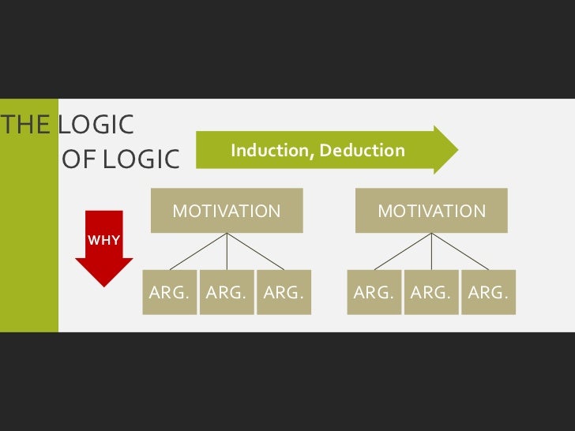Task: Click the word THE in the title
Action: (26, 125)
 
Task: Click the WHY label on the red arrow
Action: (103, 239)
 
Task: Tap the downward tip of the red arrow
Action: (103, 283)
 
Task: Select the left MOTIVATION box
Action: (227, 211)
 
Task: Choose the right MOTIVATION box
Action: (431, 211)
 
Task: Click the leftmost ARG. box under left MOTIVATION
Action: (169, 292)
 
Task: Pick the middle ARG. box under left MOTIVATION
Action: (227, 292)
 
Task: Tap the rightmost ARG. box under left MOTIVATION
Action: (284, 292)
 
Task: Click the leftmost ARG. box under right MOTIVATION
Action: (374, 292)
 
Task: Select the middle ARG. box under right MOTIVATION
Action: (431, 292)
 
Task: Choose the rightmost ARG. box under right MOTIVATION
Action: (488, 292)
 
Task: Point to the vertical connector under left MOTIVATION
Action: (227, 253)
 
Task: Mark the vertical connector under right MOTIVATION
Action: (431, 253)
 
